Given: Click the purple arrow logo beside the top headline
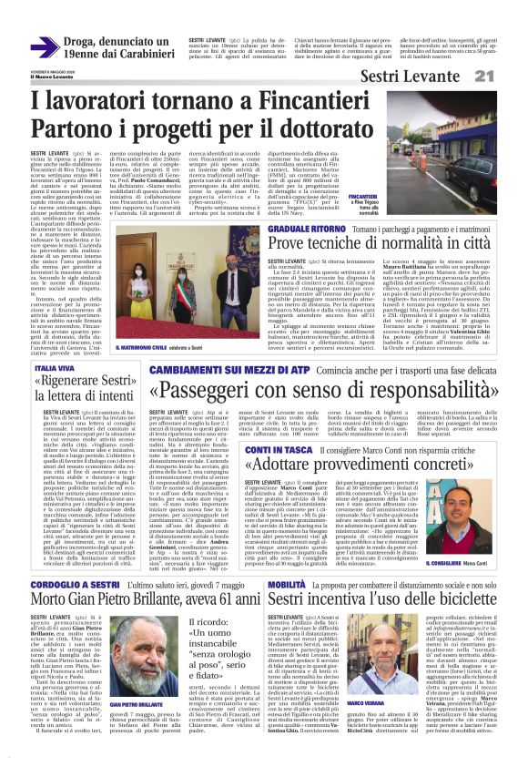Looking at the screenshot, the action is pos(44,47).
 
